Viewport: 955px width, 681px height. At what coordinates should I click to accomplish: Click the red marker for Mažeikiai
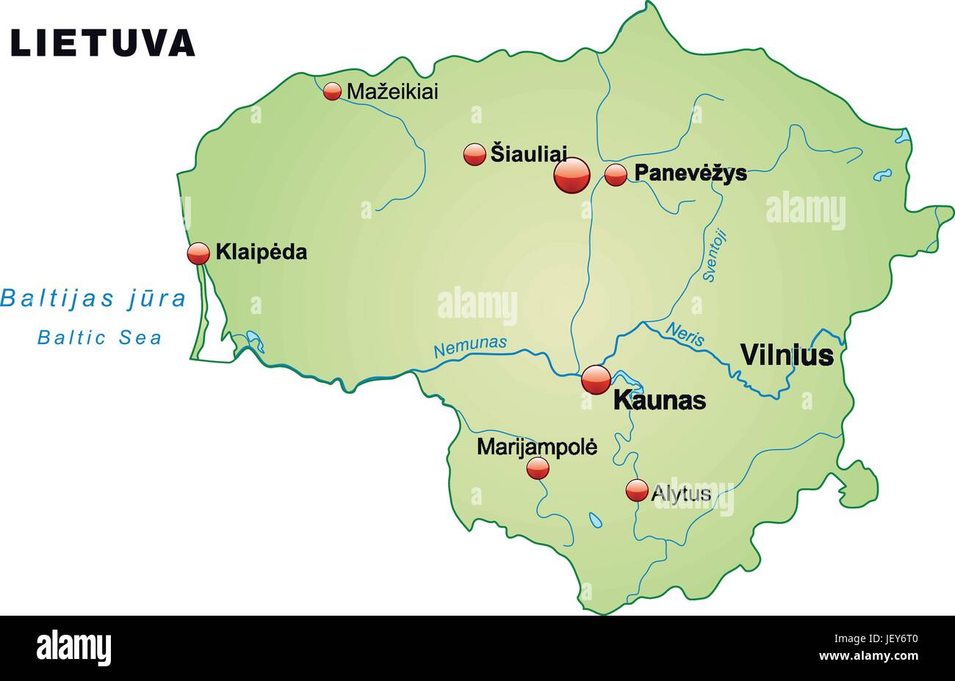[333, 91]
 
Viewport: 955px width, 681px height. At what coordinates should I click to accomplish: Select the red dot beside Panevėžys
[616, 175]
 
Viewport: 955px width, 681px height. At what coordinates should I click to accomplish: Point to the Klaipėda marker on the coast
[198, 253]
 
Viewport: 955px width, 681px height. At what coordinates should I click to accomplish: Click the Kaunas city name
[659, 401]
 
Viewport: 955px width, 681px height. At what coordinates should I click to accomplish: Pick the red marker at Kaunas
[596, 379]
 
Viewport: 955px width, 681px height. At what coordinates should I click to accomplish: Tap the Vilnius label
[786, 355]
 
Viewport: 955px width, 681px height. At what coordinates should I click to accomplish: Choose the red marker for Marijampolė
[538, 467]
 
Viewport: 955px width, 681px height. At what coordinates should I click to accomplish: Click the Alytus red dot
[637, 490]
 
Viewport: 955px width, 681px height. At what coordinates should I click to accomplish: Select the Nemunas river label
[470, 346]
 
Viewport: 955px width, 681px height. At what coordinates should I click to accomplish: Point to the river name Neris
[685, 334]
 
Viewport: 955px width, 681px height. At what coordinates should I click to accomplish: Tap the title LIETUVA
[103, 43]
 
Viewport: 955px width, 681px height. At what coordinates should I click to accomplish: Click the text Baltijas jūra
[93, 299]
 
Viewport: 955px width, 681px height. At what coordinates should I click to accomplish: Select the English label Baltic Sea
[100, 338]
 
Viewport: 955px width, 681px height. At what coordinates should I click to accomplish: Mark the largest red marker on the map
[572, 175]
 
